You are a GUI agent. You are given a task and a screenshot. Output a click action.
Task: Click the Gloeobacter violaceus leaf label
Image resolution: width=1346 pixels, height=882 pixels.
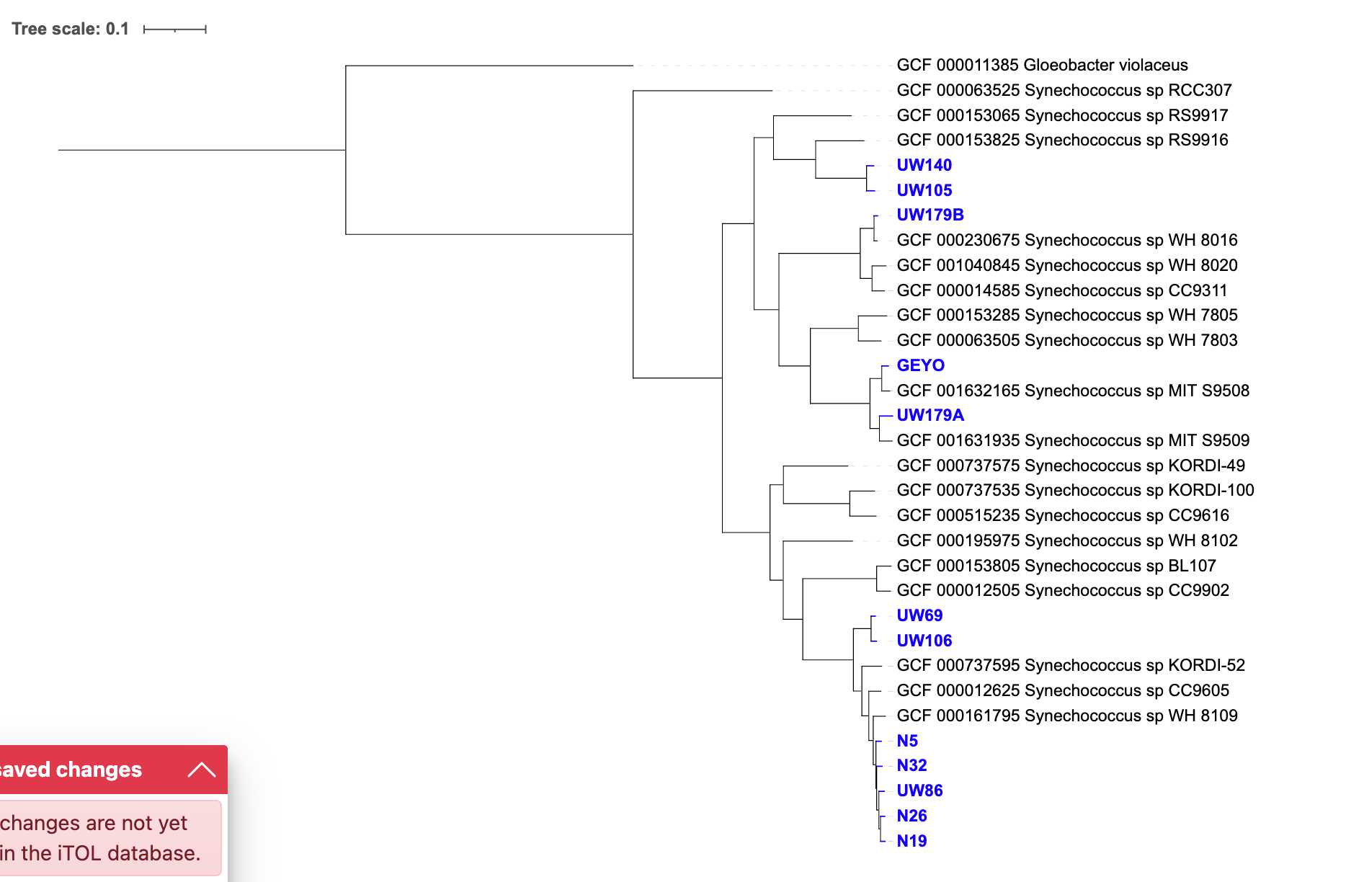click(1042, 65)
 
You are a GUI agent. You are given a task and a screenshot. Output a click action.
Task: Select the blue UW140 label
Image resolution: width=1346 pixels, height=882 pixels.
click(924, 165)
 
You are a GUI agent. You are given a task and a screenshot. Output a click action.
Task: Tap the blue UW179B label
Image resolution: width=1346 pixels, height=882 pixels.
click(930, 215)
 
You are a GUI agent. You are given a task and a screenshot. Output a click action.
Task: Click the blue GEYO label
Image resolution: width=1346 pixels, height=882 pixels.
click(920, 365)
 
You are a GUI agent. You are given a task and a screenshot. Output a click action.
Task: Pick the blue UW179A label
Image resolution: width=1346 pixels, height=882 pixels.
click(930, 415)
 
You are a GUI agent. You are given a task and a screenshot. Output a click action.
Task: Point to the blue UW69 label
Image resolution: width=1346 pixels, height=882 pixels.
click(919, 615)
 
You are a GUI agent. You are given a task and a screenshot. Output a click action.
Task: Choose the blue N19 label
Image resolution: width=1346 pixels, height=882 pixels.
click(912, 841)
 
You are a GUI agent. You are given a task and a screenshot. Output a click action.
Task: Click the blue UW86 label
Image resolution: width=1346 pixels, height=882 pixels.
click(919, 790)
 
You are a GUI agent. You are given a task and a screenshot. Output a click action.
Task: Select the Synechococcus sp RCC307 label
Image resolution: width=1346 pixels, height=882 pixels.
click(1064, 90)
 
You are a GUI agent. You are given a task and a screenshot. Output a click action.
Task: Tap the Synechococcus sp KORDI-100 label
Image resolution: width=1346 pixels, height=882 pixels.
click(1075, 490)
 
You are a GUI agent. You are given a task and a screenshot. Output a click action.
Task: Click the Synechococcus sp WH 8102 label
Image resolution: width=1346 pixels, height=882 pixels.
click(1067, 540)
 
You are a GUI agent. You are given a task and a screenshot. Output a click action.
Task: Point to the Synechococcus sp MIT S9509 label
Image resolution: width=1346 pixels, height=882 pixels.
click(1073, 440)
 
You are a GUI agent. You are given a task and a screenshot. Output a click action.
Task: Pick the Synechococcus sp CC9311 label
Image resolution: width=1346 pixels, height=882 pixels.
click(1062, 290)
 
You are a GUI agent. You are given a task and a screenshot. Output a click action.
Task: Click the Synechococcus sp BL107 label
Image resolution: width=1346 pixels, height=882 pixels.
click(1056, 566)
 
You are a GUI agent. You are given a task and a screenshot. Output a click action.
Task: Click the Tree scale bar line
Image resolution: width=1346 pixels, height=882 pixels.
click(175, 30)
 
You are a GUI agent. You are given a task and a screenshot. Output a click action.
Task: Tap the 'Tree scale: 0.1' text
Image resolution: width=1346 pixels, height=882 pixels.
click(70, 29)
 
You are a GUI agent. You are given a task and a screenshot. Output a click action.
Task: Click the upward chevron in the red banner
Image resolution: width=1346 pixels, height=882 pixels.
click(202, 770)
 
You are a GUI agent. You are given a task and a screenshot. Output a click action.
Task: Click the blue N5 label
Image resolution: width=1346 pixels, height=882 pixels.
click(907, 741)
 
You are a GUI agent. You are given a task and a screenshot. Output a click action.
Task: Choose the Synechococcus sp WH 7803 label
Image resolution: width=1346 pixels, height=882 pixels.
click(1067, 340)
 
